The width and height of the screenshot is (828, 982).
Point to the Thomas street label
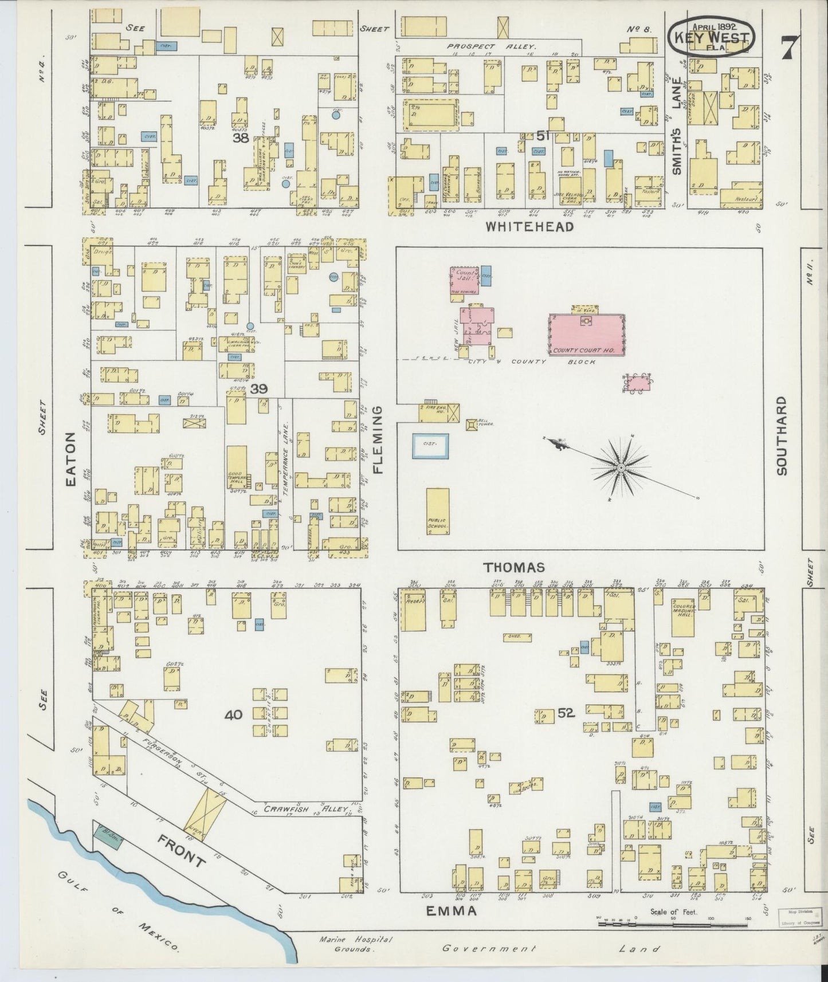pos(513,567)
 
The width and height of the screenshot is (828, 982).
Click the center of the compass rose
pos(620,469)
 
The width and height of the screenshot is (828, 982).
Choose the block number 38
pos(240,138)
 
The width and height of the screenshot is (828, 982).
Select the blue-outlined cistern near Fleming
pos(431,445)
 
